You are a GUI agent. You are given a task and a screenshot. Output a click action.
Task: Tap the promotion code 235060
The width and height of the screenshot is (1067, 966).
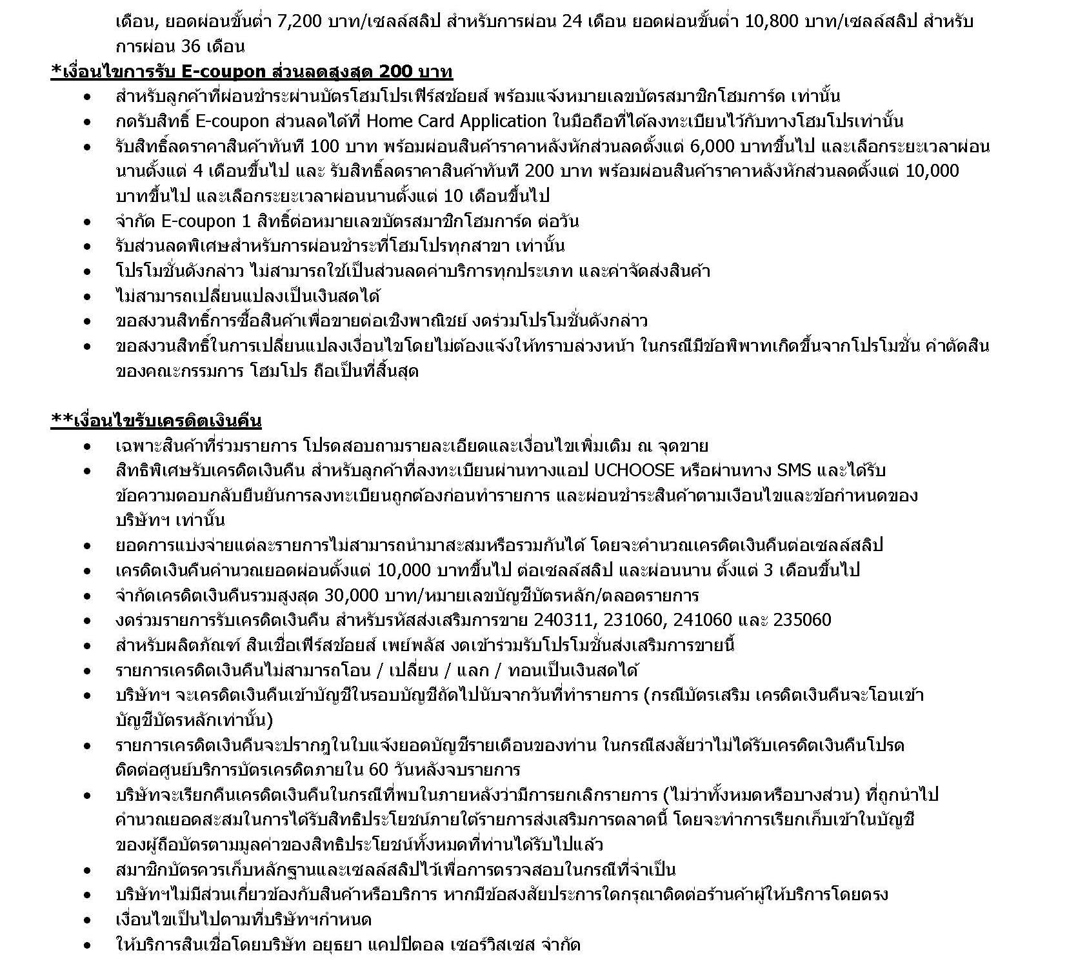point(802,620)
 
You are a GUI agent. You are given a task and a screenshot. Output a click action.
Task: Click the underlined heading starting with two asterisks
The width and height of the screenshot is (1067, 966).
point(156,421)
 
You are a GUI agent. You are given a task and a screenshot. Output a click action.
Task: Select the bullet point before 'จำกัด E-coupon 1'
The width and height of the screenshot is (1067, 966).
point(87,222)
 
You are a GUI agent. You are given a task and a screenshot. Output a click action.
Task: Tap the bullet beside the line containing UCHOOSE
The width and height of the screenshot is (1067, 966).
point(87,471)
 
